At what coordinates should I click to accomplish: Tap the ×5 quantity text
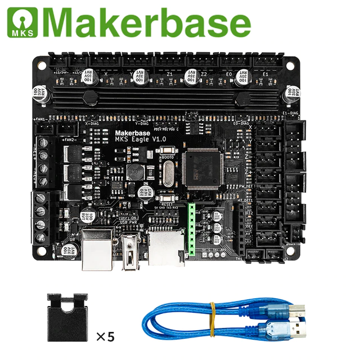point(105,337)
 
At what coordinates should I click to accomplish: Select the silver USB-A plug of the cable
point(295,331)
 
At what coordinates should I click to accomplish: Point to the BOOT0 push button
point(168,151)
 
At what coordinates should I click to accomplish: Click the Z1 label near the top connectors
point(170,73)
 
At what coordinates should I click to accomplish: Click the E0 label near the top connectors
point(228,73)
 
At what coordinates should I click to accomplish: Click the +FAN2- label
point(69,139)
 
